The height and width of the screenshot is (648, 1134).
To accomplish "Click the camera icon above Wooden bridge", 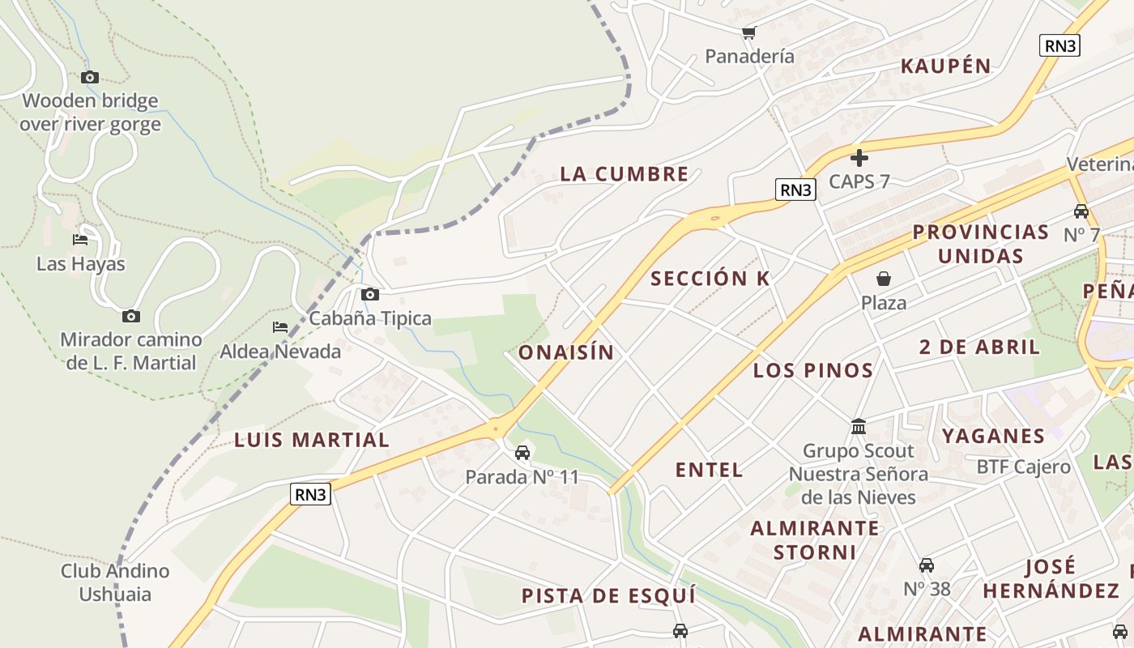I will (x=90, y=78).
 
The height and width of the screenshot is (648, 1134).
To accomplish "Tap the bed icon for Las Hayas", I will (x=80, y=240).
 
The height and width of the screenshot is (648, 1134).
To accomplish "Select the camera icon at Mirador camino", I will (x=131, y=316).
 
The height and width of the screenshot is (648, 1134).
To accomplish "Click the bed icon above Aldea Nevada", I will (x=280, y=327).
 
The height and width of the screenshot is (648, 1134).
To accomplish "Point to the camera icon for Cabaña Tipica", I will (x=370, y=294).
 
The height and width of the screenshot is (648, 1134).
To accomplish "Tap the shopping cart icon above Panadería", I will (x=748, y=33).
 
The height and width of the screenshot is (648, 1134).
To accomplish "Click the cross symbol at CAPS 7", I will (x=859, y=158).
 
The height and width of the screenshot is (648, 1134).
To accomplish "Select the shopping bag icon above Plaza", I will (x=884, y=279).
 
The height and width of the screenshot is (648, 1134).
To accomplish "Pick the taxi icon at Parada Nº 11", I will (x=522, y=452).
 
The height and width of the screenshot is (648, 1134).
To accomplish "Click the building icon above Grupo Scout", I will (x=859, y=426).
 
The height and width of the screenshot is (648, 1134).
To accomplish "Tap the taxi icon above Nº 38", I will (x=927, y=565).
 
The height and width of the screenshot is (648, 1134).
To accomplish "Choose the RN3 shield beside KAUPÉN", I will (x=1059, y=45).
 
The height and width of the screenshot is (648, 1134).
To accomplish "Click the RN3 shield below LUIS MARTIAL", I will (x=311, y=494).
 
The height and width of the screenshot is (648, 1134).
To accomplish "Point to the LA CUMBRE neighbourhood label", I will (x=625, y=174).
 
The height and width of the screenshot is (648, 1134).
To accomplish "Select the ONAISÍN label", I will (x=566, y=352).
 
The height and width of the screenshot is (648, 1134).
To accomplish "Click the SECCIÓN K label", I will (x=710, y=279).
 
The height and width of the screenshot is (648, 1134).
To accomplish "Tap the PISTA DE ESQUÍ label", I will (x=608, y=596).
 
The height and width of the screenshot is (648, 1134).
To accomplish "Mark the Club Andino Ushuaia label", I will (x=115, y=582).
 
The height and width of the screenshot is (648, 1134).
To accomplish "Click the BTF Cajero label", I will (x=1024, y=467).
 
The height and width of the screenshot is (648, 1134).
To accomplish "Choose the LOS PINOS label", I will (x=813, y=371).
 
